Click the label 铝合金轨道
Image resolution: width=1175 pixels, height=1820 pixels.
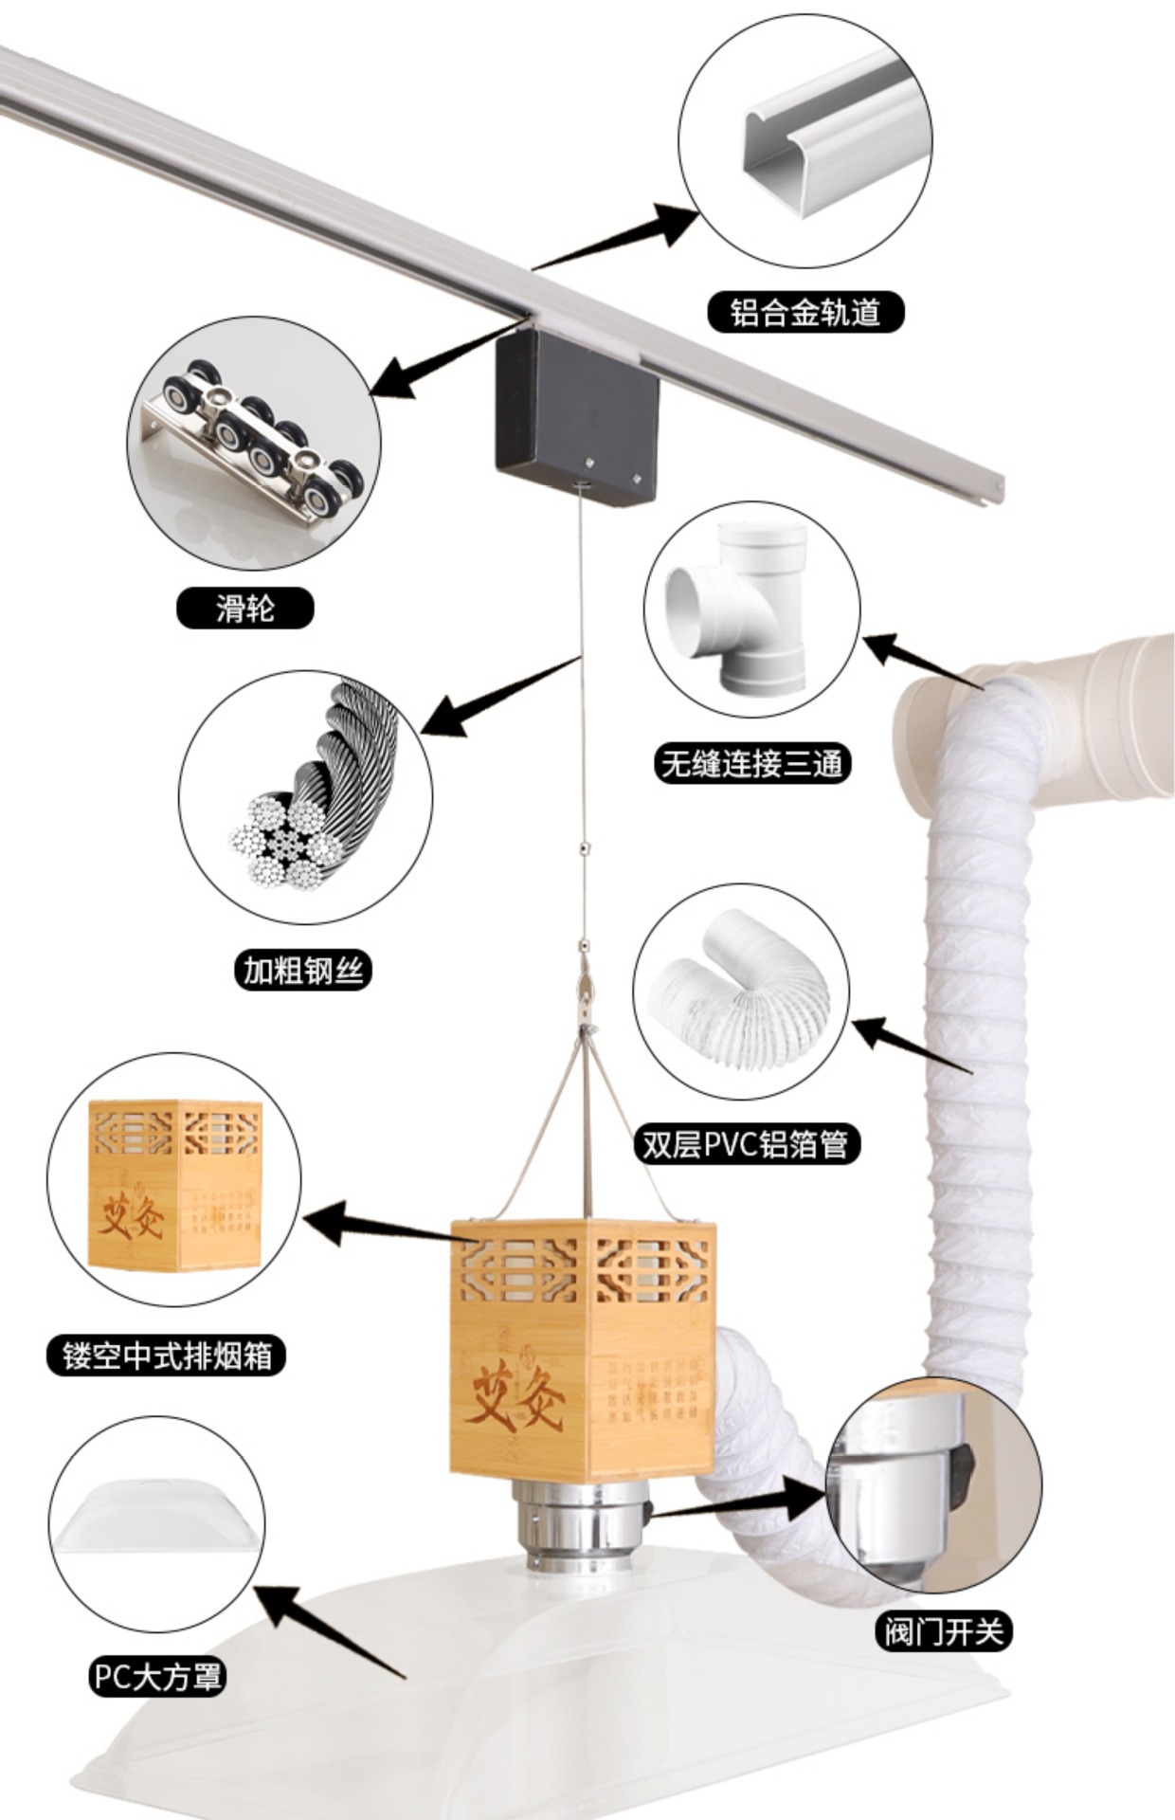(x=805, y=312)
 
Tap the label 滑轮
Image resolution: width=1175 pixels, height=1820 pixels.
(x=244, y=608)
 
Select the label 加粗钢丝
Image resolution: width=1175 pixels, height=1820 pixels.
(x=302, y=970)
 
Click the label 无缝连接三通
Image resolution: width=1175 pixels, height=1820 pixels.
(x=751, y=763)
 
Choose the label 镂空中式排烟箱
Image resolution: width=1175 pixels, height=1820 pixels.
(x=167, y=1356)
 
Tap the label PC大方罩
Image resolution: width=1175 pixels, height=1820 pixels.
(x=157, y=1677)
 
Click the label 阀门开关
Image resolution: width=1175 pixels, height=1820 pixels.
(x=942, y=1631)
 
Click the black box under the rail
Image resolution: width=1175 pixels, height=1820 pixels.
(x=574, y=415)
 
